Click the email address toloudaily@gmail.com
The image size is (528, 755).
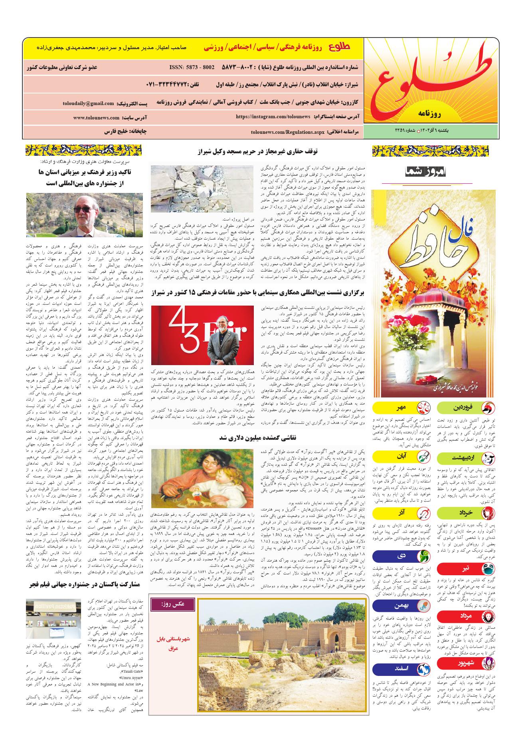[88, 103]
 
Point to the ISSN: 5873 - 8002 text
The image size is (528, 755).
[192, 67]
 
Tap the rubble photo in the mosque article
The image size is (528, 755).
[202, 189]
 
